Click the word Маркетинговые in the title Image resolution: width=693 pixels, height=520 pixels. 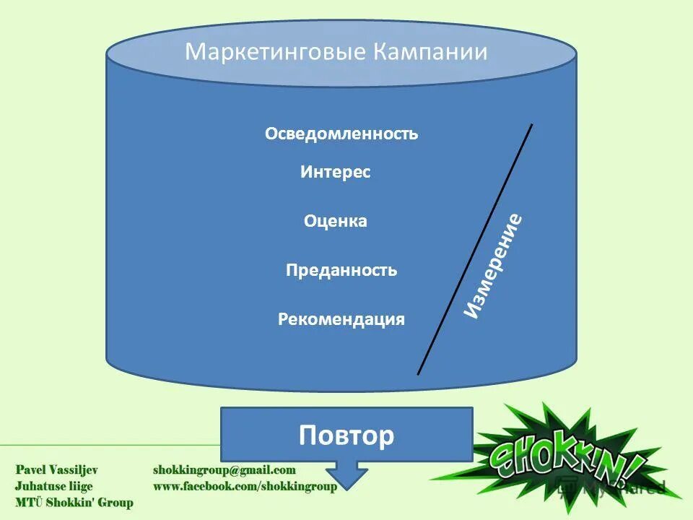[276, 53]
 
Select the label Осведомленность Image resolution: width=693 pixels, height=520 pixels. [341, 134]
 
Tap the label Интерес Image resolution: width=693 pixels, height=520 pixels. [335, 173]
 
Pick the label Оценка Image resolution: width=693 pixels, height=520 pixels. [336, 222]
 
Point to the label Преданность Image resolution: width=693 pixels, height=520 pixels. [341, 271]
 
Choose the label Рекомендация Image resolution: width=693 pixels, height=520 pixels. [341, 319]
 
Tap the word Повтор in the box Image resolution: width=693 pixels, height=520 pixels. [346, 435]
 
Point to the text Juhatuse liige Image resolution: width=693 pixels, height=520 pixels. [54, 486]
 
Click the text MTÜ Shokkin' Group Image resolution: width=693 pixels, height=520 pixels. [74, 503]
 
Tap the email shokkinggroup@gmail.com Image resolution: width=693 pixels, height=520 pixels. [225, 470]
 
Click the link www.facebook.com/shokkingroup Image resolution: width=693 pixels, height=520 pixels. [245, 487]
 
